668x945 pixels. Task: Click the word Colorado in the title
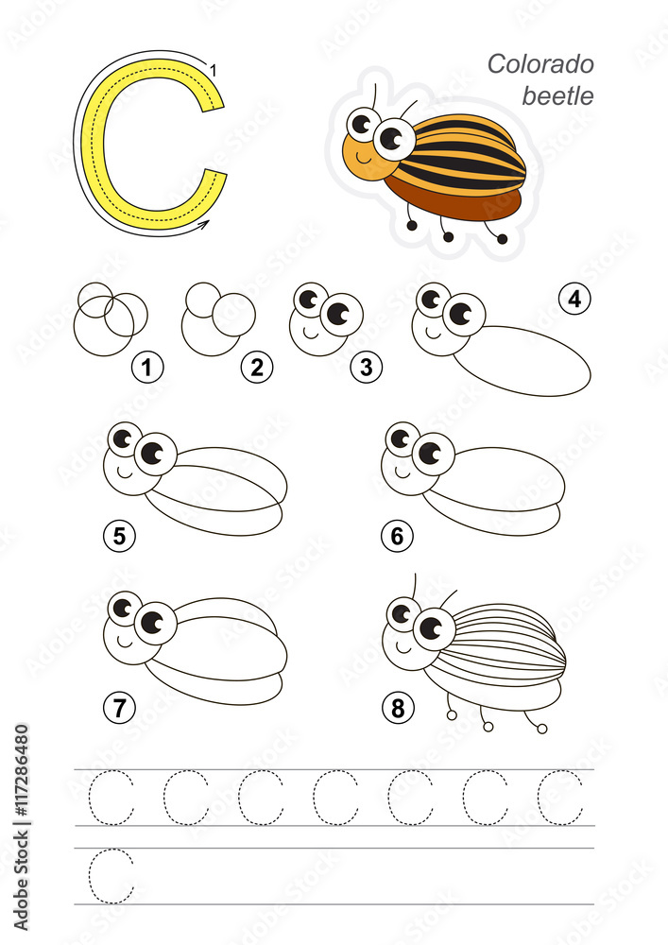pyautogui.click(x=540, y=64)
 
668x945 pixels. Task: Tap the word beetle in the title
pyautogui.click(x=557, y=95)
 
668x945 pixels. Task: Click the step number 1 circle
pyautogui.click(x=147, y=367)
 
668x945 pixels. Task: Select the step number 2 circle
pyautogui.click(x=257, y=367)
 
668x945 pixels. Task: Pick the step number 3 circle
pyautogui.click(x=367, y=367)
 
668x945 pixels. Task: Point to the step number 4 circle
pyautogui.click(x=574, y=299)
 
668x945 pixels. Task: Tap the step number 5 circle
pyautogui.click(x=119, y=535)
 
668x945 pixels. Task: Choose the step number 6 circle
pyautogui.click(x=397, y=535)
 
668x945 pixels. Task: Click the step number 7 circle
pyautogui.click(x=119, y=707)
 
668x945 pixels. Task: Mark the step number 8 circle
pyautogui.click(x=398, y=707)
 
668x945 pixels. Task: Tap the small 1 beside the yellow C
pyautogui.click(x=214, y=71)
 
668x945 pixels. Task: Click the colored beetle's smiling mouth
pyautogui.click(x=364, y=159)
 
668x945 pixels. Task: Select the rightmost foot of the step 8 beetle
pyautogui.click(x=542, y=730)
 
